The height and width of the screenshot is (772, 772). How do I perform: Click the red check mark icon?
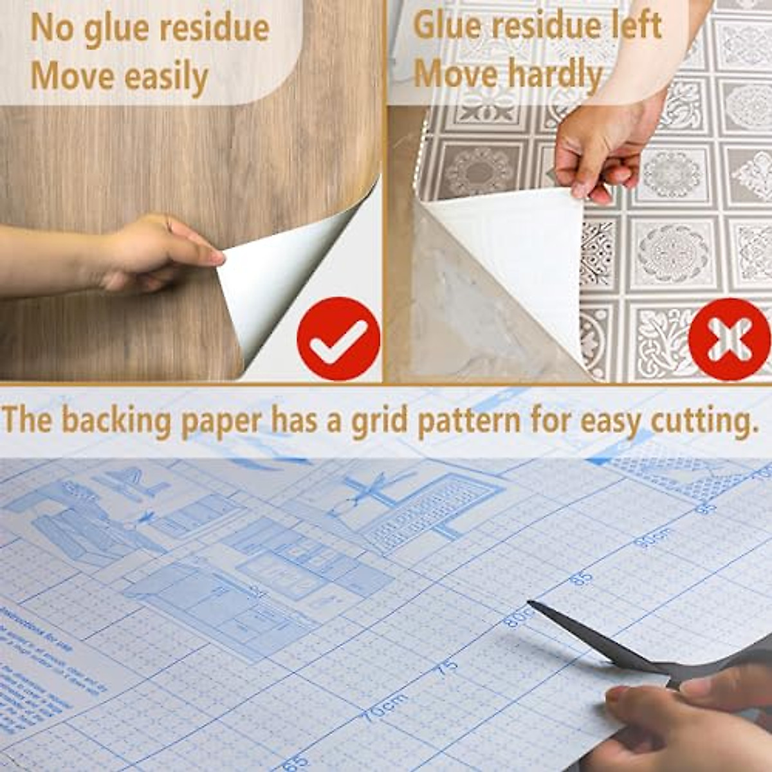(338, 338)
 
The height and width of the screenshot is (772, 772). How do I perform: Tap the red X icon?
(729, 339)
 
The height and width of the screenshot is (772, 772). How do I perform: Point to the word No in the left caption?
(53, 28)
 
